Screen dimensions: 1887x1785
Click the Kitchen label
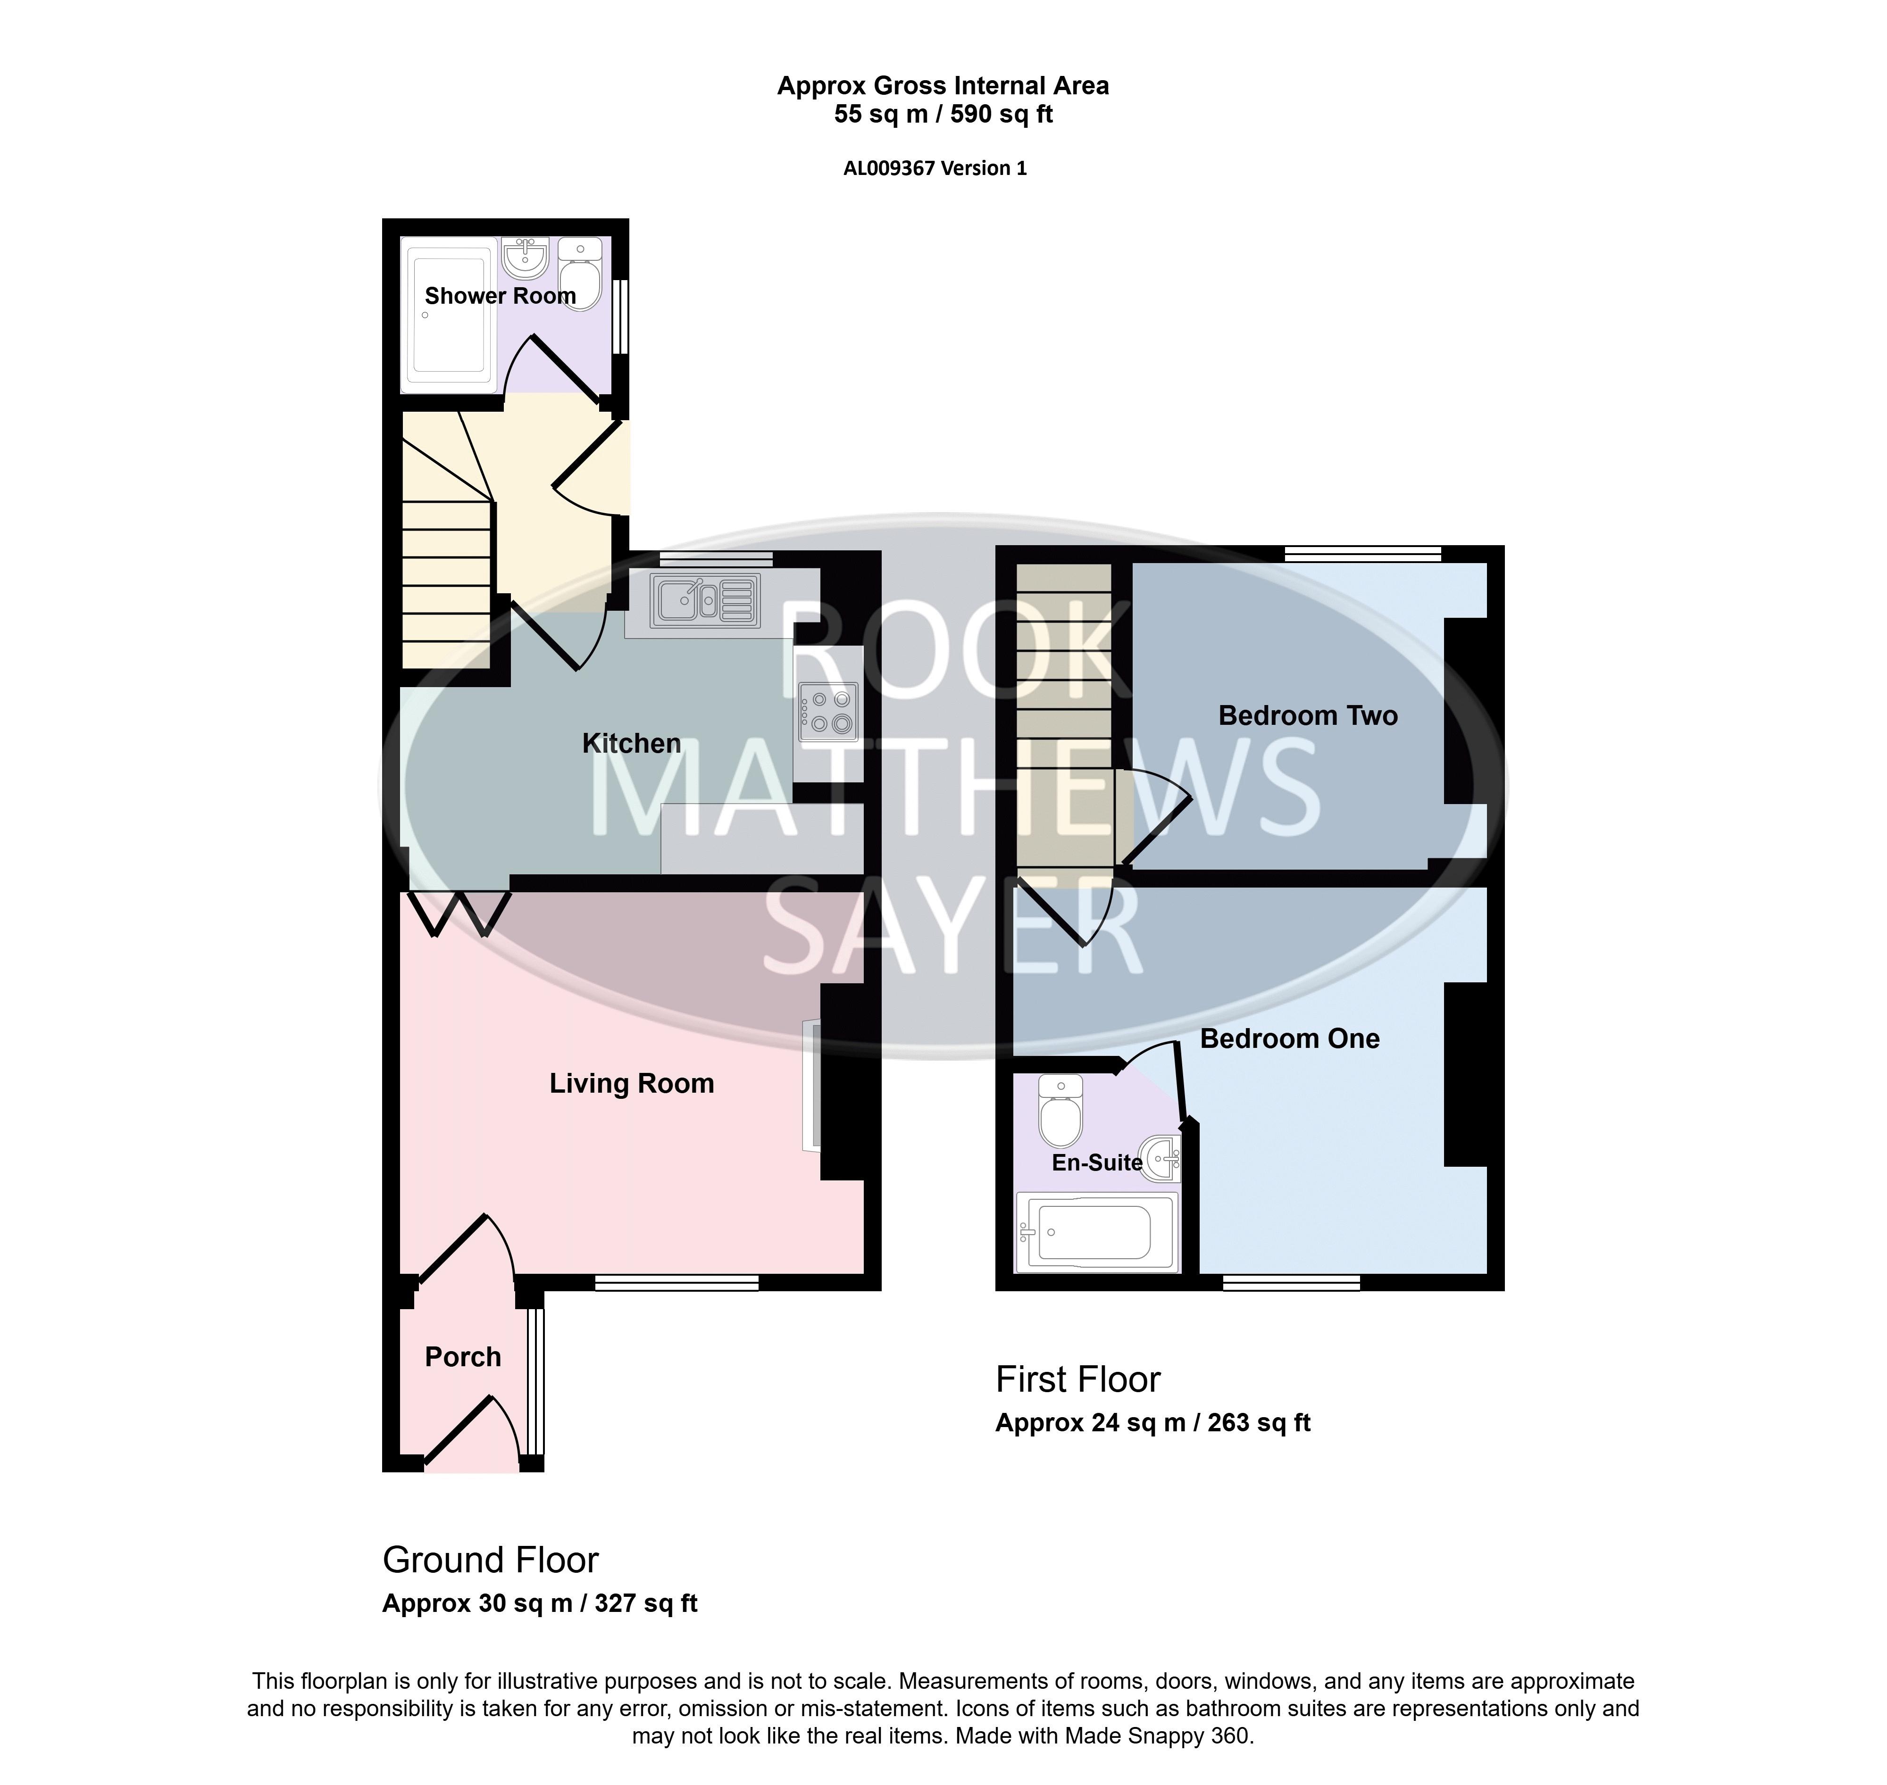(632, 743)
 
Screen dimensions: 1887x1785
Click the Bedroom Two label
(1309, 715)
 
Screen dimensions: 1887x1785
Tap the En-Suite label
(1097, 1162)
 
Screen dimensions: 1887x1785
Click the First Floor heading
(1078, 1380)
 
